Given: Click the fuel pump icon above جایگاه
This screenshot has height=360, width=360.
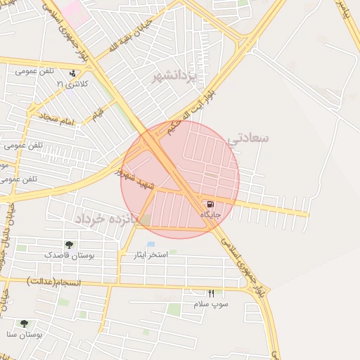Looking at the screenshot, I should tap(212, 203).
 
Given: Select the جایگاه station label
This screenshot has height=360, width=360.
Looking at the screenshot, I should tap(211, 214).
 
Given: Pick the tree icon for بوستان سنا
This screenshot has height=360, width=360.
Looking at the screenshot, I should tap(24, 323).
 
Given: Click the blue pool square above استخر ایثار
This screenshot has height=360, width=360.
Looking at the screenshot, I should tap(151, 244).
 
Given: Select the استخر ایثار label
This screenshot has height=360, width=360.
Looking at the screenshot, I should tap(151, 255).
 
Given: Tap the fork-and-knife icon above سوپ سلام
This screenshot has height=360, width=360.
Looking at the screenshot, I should tap(210, 292).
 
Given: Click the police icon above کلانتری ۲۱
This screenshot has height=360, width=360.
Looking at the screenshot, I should tap(72, 72).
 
